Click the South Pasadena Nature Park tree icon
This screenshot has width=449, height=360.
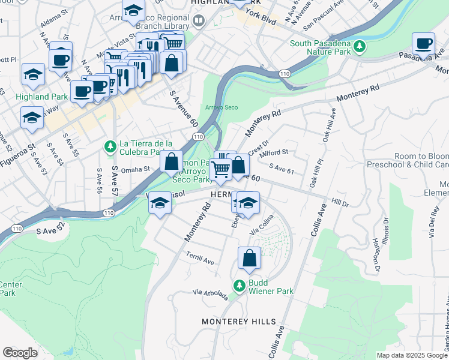(360, 46)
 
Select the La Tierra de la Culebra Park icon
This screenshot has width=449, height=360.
(110, 146)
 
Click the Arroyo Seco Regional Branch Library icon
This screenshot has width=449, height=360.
(199, 21)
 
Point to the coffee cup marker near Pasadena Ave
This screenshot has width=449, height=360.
(424, 44)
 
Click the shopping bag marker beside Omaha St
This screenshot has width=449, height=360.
(172, 161)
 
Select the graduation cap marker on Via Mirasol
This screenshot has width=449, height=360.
(160, 203)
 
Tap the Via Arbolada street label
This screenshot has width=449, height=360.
(210, 295)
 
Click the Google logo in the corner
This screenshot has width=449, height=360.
(20, 352)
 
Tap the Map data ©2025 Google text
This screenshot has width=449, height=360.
(411, 355)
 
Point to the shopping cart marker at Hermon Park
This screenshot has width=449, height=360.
(221, 170)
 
